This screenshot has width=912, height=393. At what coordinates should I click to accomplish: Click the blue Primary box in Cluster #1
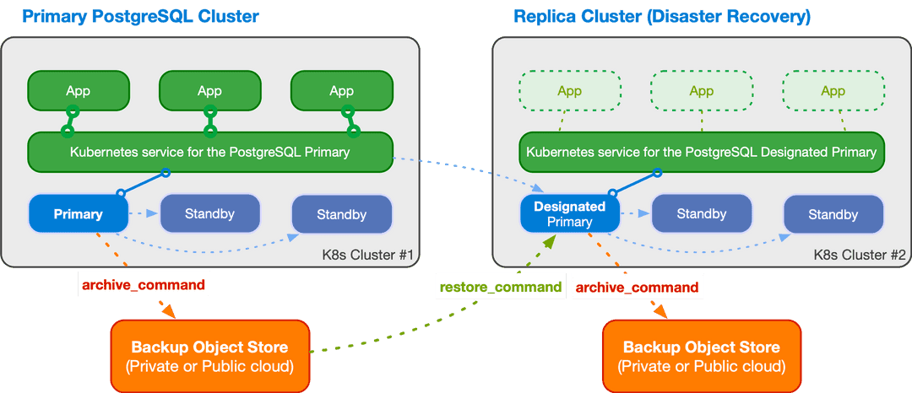click(78, 214)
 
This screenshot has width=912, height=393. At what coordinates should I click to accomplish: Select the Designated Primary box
click(569, 214)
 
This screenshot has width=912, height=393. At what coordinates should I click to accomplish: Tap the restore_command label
click(500, 287)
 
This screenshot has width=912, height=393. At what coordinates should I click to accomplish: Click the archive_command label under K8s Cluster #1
click(143, 285)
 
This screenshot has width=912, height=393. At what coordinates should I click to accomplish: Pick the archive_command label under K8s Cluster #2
click(637, 288)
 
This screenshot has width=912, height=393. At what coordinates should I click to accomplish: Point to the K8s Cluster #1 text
click(366, 255)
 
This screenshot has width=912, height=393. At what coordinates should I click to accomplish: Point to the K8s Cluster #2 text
click(859, 255)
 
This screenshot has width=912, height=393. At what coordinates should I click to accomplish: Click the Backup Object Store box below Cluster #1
click(209, 356)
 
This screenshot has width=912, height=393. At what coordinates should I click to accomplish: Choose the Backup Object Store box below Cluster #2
click(701, 356)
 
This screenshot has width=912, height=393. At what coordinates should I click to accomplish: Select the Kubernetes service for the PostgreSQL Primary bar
click(209, 153)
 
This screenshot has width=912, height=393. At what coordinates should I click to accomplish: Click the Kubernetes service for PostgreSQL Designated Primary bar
click(701, 153)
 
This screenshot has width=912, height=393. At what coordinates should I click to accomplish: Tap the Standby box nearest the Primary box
click(209, 213)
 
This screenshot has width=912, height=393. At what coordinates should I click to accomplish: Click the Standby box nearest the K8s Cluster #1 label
click(341, 214)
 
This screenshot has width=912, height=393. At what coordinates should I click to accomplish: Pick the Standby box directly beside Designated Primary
click(701, 214)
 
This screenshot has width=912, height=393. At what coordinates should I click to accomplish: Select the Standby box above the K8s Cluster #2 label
click(833, 214)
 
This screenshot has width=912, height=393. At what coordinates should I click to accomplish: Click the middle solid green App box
click(209, 91)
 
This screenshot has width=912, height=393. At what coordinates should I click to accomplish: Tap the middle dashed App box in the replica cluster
click(701, 91)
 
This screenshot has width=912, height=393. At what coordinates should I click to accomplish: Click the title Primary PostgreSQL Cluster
click(140, 17)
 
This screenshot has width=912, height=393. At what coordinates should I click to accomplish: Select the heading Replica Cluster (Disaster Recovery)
click(661, 17)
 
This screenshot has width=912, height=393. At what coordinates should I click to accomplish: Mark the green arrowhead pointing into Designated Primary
click(549, 243)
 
